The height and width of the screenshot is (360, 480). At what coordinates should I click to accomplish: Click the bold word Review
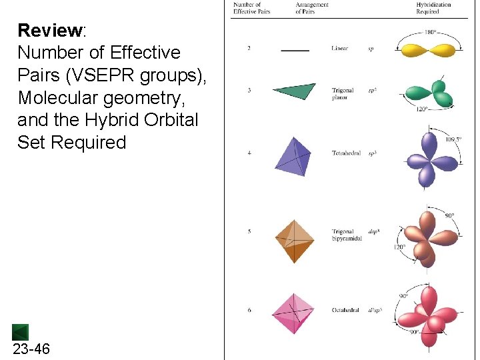click(50, 31)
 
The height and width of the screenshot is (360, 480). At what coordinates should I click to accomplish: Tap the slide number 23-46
click(31, 349)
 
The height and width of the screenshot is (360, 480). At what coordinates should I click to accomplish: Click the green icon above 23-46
click(20, 332)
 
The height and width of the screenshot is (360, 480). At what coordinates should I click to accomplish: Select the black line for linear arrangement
click(295, 49)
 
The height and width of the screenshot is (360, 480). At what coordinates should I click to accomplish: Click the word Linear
click(339, 49)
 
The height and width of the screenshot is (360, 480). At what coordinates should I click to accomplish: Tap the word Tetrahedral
click(346, 153)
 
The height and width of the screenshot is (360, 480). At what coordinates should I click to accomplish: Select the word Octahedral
click(345, 311)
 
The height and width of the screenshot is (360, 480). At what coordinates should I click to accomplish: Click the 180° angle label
click(431, 32)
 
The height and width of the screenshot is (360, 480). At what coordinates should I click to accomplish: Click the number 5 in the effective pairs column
click(249, 232)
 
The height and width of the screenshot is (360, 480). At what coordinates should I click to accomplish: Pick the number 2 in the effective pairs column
click(249, 49)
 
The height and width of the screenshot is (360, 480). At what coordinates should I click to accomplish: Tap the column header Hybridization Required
click(433, 8)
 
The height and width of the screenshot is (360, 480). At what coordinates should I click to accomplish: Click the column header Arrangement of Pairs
click(312, 8)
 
